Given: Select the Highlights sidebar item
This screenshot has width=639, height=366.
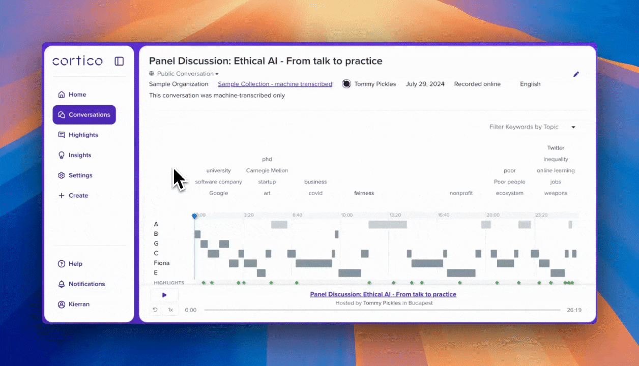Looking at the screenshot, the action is [x=78, y=135].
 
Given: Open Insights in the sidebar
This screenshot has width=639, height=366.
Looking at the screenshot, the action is [x=74, y=155].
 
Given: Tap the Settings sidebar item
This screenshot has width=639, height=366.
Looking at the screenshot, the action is [x=75, y=175].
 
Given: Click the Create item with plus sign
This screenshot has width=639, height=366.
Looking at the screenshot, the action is [x=73, y=196].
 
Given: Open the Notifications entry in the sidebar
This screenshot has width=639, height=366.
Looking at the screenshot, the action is [x=81, y=284].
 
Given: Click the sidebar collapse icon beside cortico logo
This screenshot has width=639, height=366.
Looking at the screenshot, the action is [x=119, y=62].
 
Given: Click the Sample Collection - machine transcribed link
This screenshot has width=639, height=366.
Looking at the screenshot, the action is [x=275, y=84].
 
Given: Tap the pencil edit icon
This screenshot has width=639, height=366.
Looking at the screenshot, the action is [x=576, y=74].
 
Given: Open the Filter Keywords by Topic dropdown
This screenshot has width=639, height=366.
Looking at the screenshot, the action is [x=532, y=127].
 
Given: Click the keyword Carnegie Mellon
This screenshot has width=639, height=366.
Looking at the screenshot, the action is [x=267, y=170].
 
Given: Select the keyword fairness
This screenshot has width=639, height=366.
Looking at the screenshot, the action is [x=364, y=193].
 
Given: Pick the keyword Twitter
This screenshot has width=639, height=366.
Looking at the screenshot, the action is [x=556, y=148].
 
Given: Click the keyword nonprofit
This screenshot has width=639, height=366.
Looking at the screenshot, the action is [x=461, y=193].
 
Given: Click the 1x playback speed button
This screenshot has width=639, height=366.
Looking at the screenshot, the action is [x=170, y=310].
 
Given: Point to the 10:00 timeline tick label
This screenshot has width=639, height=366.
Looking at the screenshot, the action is [x=347, y=215].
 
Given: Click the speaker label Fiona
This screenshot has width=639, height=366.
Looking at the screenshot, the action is [x=161, y=263].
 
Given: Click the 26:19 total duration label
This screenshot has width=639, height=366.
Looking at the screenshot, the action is [x=574, y=310].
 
